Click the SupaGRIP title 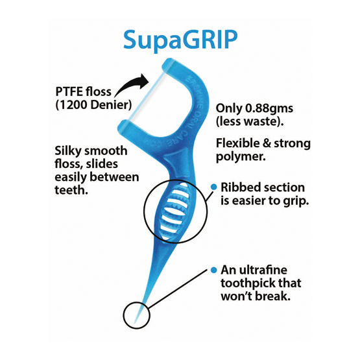(x=180, y=40)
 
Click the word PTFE (x=69, y=91)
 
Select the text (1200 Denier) (x=93, y=105)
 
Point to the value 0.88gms (x=269, y=108)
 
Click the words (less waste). (x=250, y=121)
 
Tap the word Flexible (x=237, y=143)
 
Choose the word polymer (x=241, y=157)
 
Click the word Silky (x=68, y=151)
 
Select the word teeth (x=71, y=190)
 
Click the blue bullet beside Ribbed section (x=214, y=187)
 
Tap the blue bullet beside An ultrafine (x=214, y=270)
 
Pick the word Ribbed (x=237, y=187)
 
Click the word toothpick (x=248, y=283)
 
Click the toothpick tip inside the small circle (x=135, y=322)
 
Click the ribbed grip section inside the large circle (x=174, y=211)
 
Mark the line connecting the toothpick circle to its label (x=178, y=289)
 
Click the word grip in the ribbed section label (x=296, y=201)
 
